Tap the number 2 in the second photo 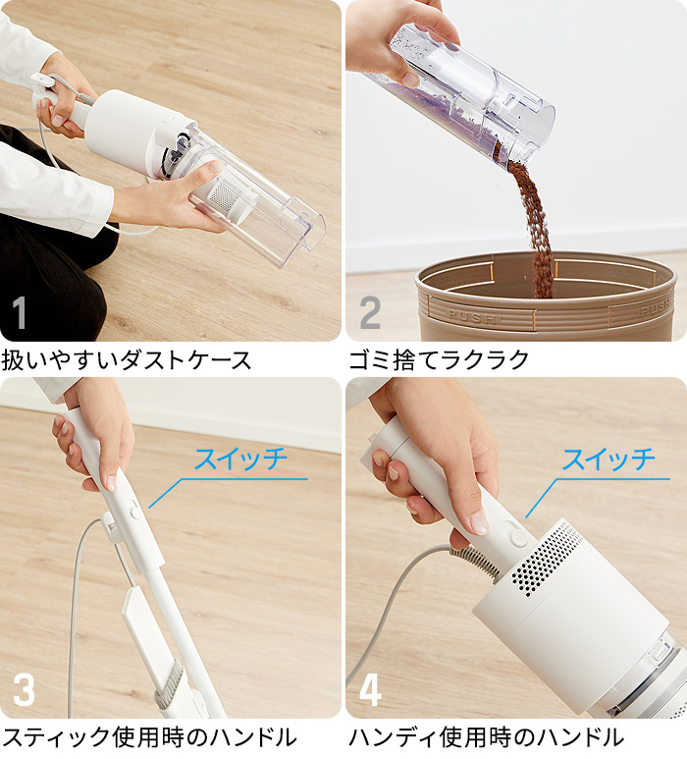coord(370,313)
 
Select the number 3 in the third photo coord(23,689)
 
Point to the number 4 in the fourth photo coord(370,689)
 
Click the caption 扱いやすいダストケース coord(127,359)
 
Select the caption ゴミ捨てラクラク coord(439,359)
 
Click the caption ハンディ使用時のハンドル coord(486,738)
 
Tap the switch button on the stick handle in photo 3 coord(133,506)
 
